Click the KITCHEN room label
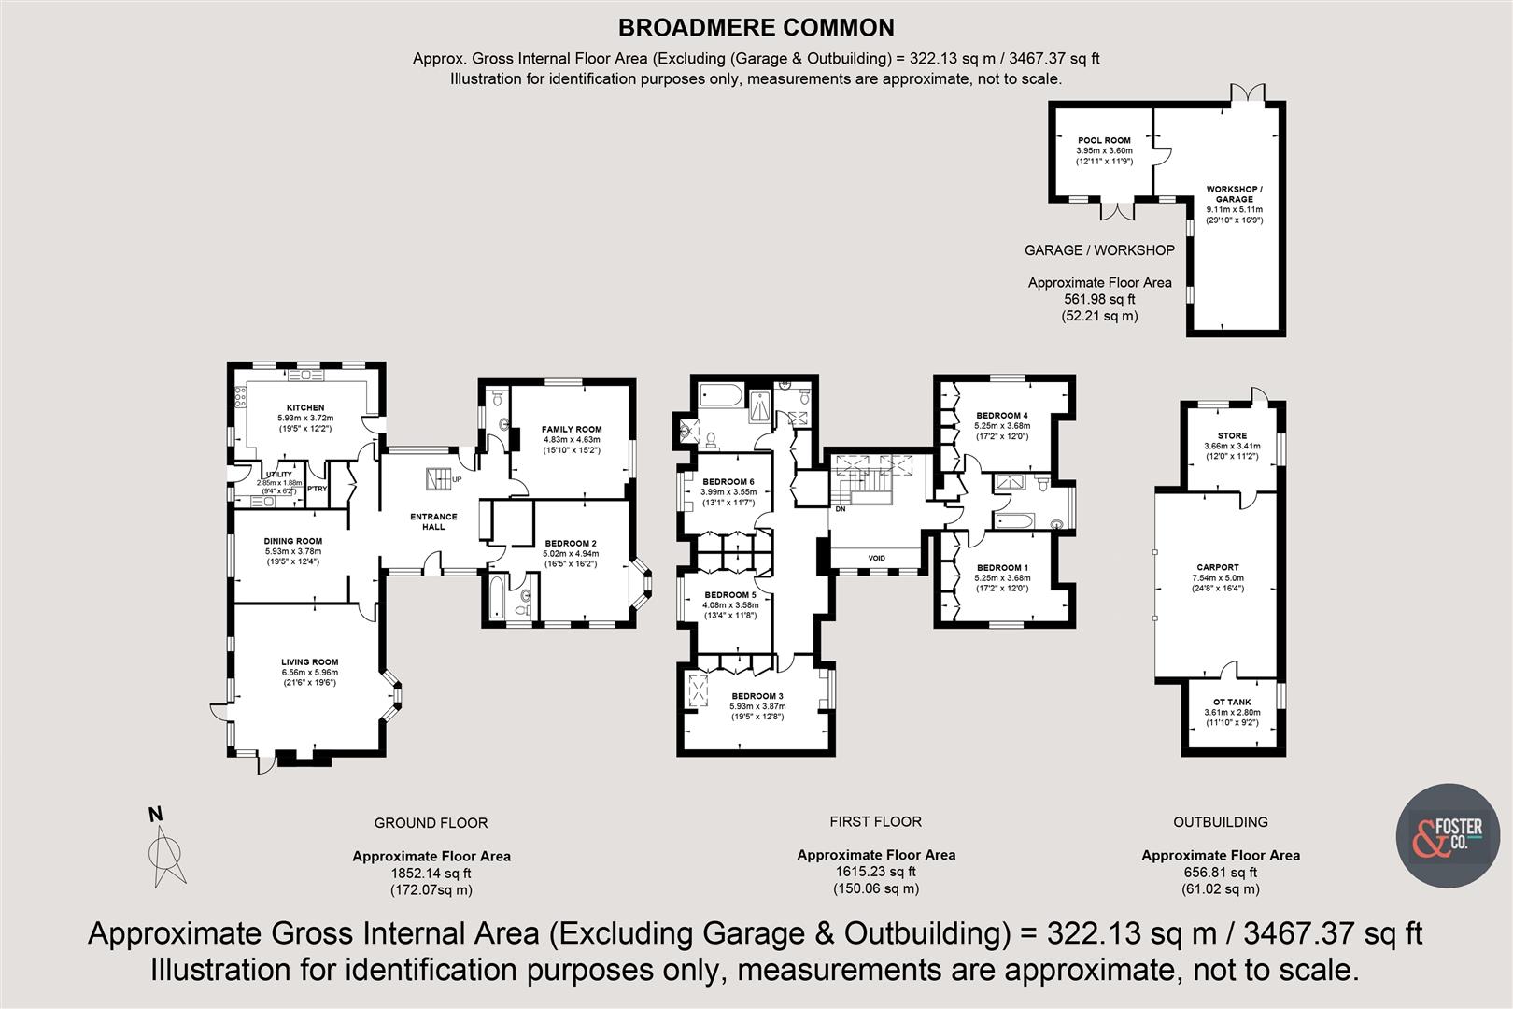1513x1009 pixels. click(305, 407)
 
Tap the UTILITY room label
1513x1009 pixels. click(279, 475)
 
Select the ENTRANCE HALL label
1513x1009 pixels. click(433, 521)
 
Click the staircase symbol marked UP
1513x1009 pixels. click(438, 479)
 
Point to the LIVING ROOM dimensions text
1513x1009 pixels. click(309, 677)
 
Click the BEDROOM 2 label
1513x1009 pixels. click(571, 543)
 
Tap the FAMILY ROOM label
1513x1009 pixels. click(572, 430)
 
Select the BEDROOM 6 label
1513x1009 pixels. click(728, 481)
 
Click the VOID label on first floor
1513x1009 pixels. click(876, 558)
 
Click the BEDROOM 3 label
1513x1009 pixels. click(756, 696)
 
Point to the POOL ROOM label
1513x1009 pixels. click(1104, 140)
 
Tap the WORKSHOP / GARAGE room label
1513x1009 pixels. click(1234, 193)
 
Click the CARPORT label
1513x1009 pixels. click(1218, 567)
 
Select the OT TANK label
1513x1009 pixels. click(1232, 702)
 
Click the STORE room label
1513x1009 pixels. click(1232, 435)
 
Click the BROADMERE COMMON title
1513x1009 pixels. click(756, 28)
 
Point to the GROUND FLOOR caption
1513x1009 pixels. click(431, 823)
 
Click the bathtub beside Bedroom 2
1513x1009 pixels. click(495, 600)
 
